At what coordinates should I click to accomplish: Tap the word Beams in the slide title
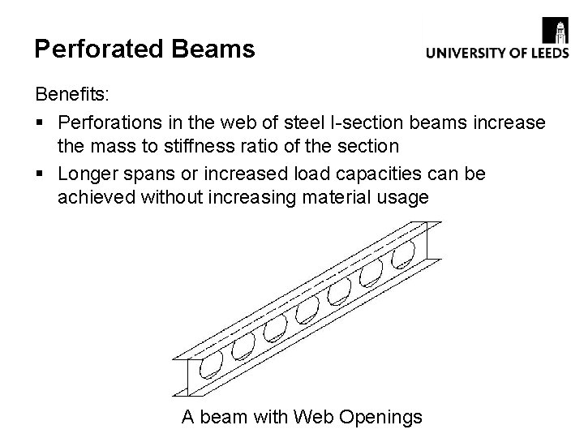(x=213, y=49)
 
